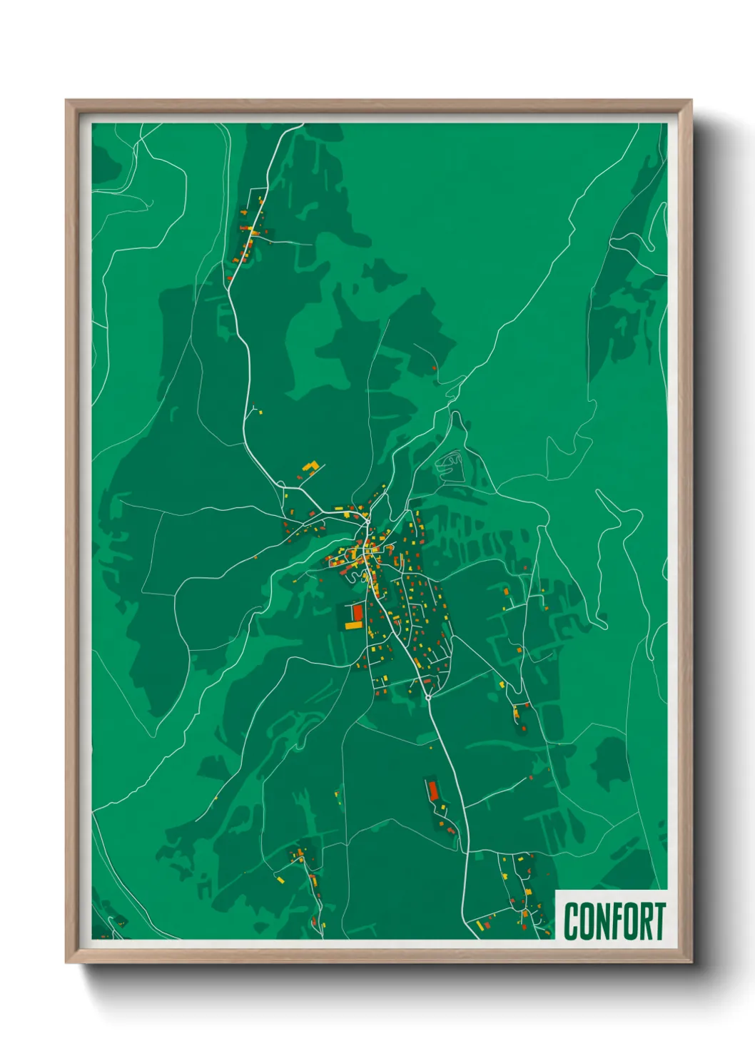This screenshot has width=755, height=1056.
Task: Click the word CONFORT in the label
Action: point(614,921)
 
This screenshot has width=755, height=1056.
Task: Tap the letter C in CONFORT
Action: point(572,921)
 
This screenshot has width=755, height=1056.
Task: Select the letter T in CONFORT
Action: point(659,921)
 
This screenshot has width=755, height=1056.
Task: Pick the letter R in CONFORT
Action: point(644,921)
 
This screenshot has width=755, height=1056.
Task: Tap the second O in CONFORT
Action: point(629,921)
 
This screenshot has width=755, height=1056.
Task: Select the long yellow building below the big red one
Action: point(354,625)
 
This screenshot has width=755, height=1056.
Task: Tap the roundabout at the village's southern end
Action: point(427,696)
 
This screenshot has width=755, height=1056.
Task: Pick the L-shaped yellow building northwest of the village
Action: point(310,467)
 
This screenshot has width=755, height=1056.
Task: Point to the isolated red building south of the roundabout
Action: point(432,790)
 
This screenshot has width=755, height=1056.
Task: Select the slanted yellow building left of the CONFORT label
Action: point(529,892)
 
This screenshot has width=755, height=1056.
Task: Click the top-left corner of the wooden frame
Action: point(66,101)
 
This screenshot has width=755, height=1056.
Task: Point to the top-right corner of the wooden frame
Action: point(691,101)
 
